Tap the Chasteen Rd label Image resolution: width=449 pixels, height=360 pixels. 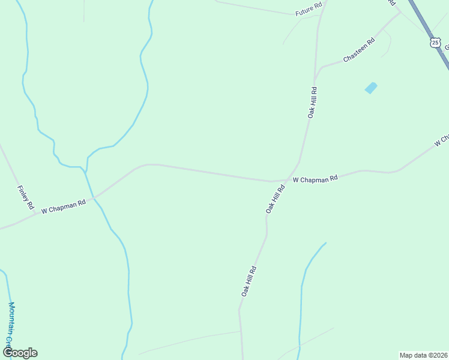[x=359, y=50]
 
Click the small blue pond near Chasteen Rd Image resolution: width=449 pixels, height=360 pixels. [x=371, y=88]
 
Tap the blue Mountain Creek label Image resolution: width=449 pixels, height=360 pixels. [x=10, y=324]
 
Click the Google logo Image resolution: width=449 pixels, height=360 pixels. [x=20, y=353]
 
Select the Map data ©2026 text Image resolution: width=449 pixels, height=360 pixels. [x=423, y=355]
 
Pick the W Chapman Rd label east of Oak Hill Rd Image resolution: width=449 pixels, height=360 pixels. [x=315, y=179]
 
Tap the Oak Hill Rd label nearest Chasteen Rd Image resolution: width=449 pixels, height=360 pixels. [x=312, y=102]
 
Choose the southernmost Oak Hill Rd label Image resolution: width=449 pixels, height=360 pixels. [x=249, y=281]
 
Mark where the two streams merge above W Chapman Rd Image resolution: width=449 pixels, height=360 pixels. [x=86, y=170]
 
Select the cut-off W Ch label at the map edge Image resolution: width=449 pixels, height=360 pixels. [x=442, y=140]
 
